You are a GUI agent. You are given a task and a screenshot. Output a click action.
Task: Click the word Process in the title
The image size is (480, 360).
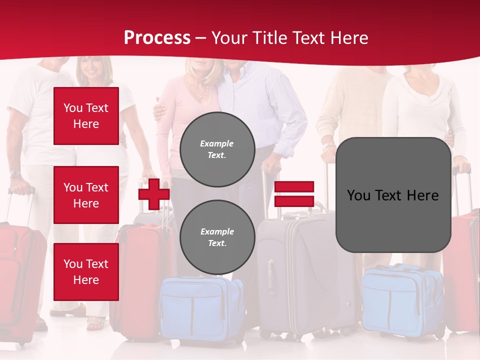pos(157,38)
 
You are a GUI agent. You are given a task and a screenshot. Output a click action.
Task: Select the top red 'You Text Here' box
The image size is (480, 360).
pos(86,116)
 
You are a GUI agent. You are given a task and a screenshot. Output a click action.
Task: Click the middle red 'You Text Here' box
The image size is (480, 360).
pos(86,195)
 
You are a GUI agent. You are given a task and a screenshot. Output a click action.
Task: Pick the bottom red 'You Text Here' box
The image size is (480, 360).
pos(86,272)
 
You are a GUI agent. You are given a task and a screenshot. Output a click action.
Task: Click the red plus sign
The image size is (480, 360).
pos(154,194)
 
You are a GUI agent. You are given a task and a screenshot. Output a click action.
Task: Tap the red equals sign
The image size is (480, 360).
pos(294,194)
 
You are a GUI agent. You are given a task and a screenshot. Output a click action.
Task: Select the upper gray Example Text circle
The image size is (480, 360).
pos(217,149)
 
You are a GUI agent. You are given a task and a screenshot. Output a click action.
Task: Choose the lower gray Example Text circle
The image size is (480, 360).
pos(217,237)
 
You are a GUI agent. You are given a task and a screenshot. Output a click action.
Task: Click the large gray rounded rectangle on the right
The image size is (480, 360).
pos(393,195)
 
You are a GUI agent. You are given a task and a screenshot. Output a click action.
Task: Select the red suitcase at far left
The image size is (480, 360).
pos(20,280)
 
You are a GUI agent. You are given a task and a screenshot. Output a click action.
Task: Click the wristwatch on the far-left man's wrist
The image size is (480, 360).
pos(15,174)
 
